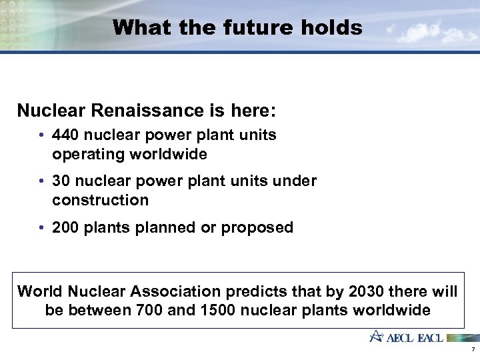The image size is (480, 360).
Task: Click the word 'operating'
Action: pyautogui.click(x=85, y=155)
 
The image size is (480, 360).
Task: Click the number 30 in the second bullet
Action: pyautogui.click(x=61, y=181)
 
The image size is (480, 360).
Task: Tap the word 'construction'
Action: pyautogui.click(x=100, y=200)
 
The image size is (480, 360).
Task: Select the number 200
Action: pyautogui.click(x=65, y=227)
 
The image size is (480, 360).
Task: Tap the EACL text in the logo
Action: pyautogui.click(x=430, y=337)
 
